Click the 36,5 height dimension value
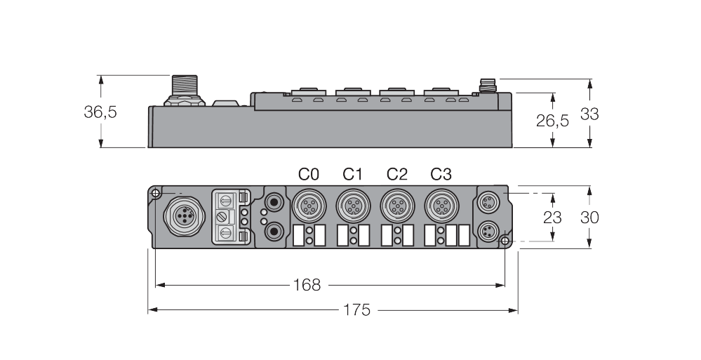(x=100, y=112)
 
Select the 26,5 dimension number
(x=552, y=120)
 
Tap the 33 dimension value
(x=589, y=114)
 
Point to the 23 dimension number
(x=552, y=218)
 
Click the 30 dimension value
(x=589, y=218)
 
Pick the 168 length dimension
(x=307, y=285)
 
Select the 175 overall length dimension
(x=356, y=309)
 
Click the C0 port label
(x=309, y=174)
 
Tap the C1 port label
(x=352, y=174)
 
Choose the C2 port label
(x=397, y=174)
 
